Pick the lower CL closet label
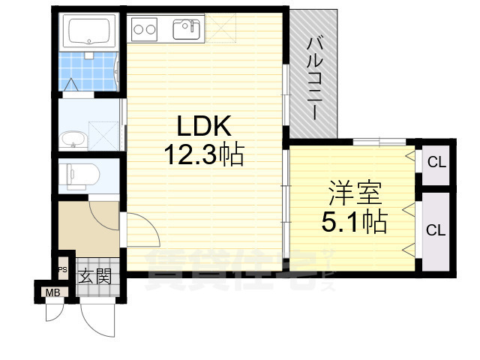436,230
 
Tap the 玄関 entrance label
94,276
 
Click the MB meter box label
52,292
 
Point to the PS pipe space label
63,270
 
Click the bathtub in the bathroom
89,32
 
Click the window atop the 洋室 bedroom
379,142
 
